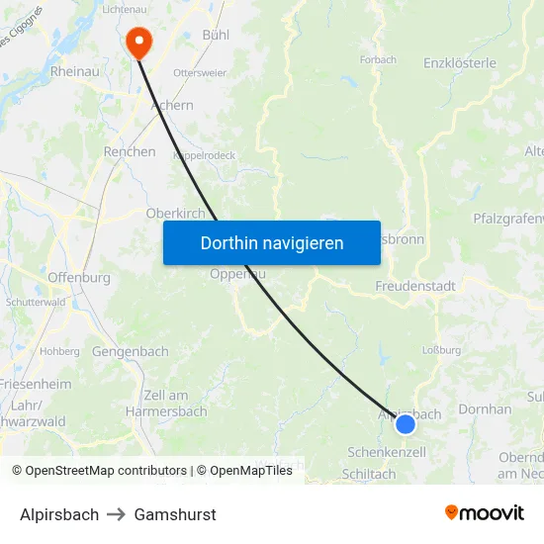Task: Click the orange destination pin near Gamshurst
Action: pos(138,41)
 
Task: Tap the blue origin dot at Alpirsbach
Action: pos(406,424)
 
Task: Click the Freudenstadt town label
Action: pos(415,286)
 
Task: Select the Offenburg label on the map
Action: pos(79,278)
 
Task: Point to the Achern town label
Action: pos(172,105)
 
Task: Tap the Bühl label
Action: pos(216,35)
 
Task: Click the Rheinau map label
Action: pos(74,71)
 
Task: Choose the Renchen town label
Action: pos(130,152)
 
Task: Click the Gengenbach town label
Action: pos(131,351)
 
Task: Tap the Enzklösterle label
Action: pos(460,62)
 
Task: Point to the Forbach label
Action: pos(378,60)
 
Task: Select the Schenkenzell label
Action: pos(387,452)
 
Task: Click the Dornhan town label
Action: pos(487,408)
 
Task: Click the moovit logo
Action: pos(485,513)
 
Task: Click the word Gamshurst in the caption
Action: pos(175,514)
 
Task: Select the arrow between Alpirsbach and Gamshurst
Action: pos(117,514)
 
